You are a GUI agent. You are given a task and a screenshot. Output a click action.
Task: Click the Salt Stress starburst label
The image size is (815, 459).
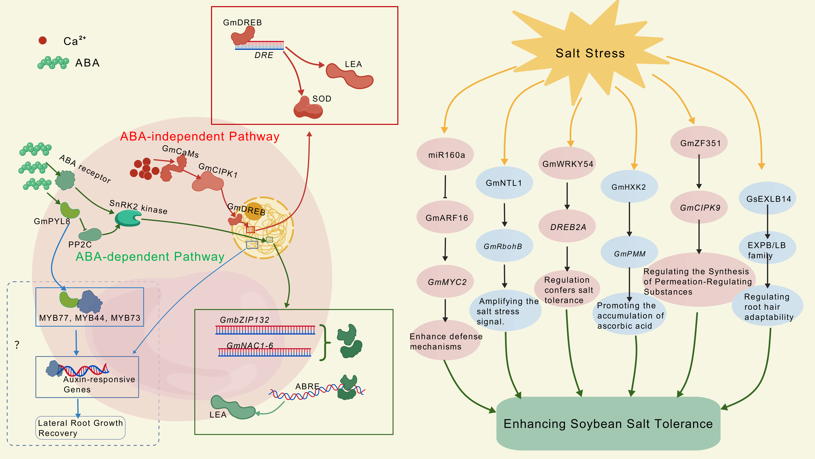[590, 53]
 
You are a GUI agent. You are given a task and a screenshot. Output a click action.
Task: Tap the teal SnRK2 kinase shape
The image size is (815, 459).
[128, 218]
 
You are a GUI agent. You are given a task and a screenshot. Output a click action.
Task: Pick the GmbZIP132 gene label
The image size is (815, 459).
[245, 320]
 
